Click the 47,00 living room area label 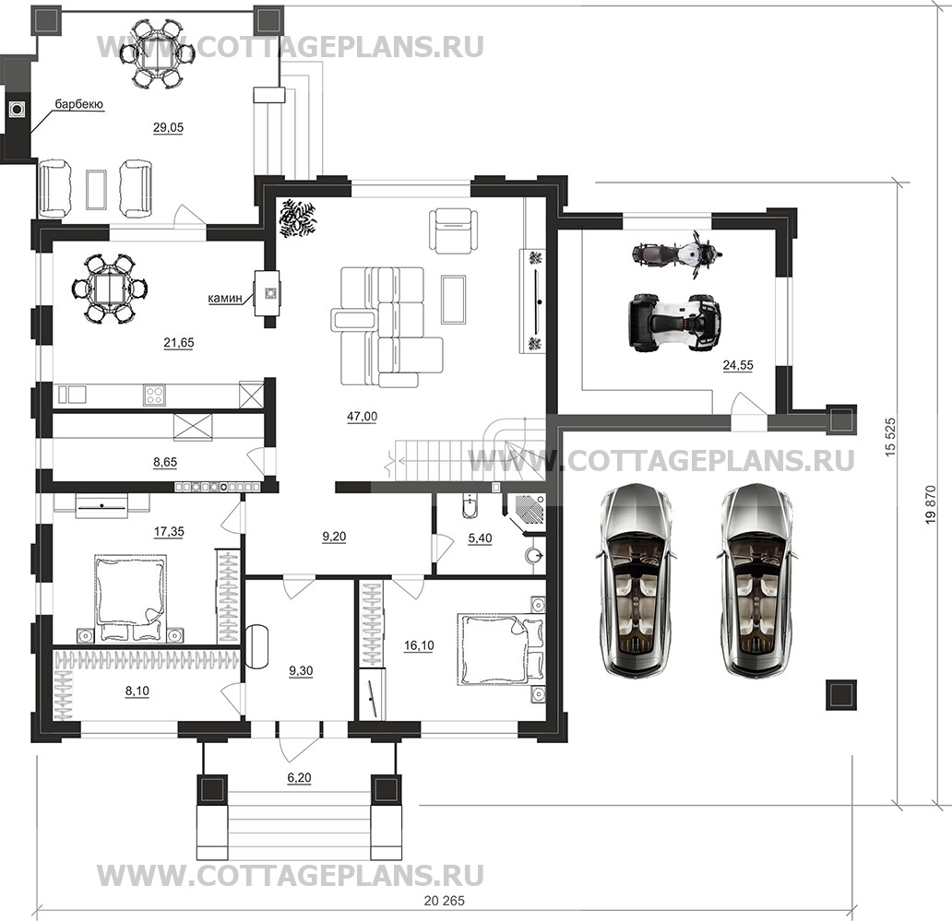[363, 416]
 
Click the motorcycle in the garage [676, 255]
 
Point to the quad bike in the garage [673, 323]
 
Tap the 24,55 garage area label [737, 365]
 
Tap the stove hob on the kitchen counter [154, 396]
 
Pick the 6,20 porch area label [299, 778]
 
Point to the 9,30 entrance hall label [301, 671]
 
